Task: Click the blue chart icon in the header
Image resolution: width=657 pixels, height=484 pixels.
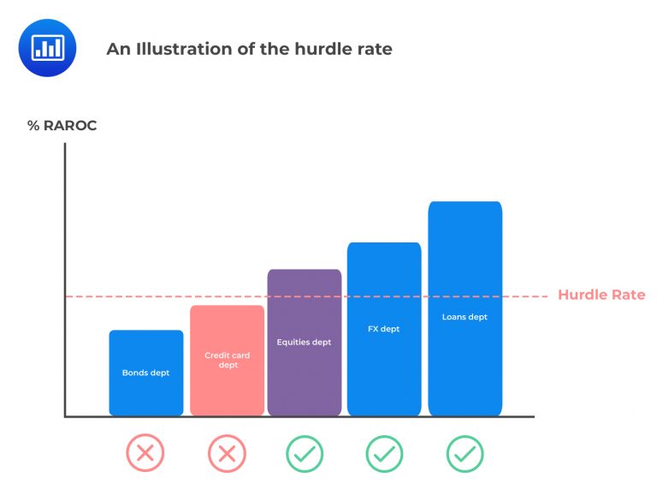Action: pos(47,48)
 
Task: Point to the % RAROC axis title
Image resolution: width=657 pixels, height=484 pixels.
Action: pos(62,126)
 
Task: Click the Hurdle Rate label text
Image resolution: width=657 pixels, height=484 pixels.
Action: pos(601,296)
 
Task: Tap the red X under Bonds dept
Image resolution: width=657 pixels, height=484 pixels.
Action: pos(145,453)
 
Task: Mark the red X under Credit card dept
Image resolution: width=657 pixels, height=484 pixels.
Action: pos(227,453)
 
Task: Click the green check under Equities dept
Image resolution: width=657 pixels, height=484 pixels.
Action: pos(304,453)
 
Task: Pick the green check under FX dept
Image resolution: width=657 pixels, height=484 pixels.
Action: pos(384,453)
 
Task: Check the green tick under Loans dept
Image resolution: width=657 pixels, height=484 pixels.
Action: pos(465,453)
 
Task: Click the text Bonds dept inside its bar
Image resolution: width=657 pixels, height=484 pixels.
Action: pos(145,373)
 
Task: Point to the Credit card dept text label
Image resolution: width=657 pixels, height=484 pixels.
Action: pos(227,360)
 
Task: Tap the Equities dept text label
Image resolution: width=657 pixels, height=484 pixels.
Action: pos(304,342)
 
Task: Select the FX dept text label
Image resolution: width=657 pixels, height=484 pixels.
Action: pos(384,329)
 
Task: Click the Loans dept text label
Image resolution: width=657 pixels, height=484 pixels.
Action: pos(465,317)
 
